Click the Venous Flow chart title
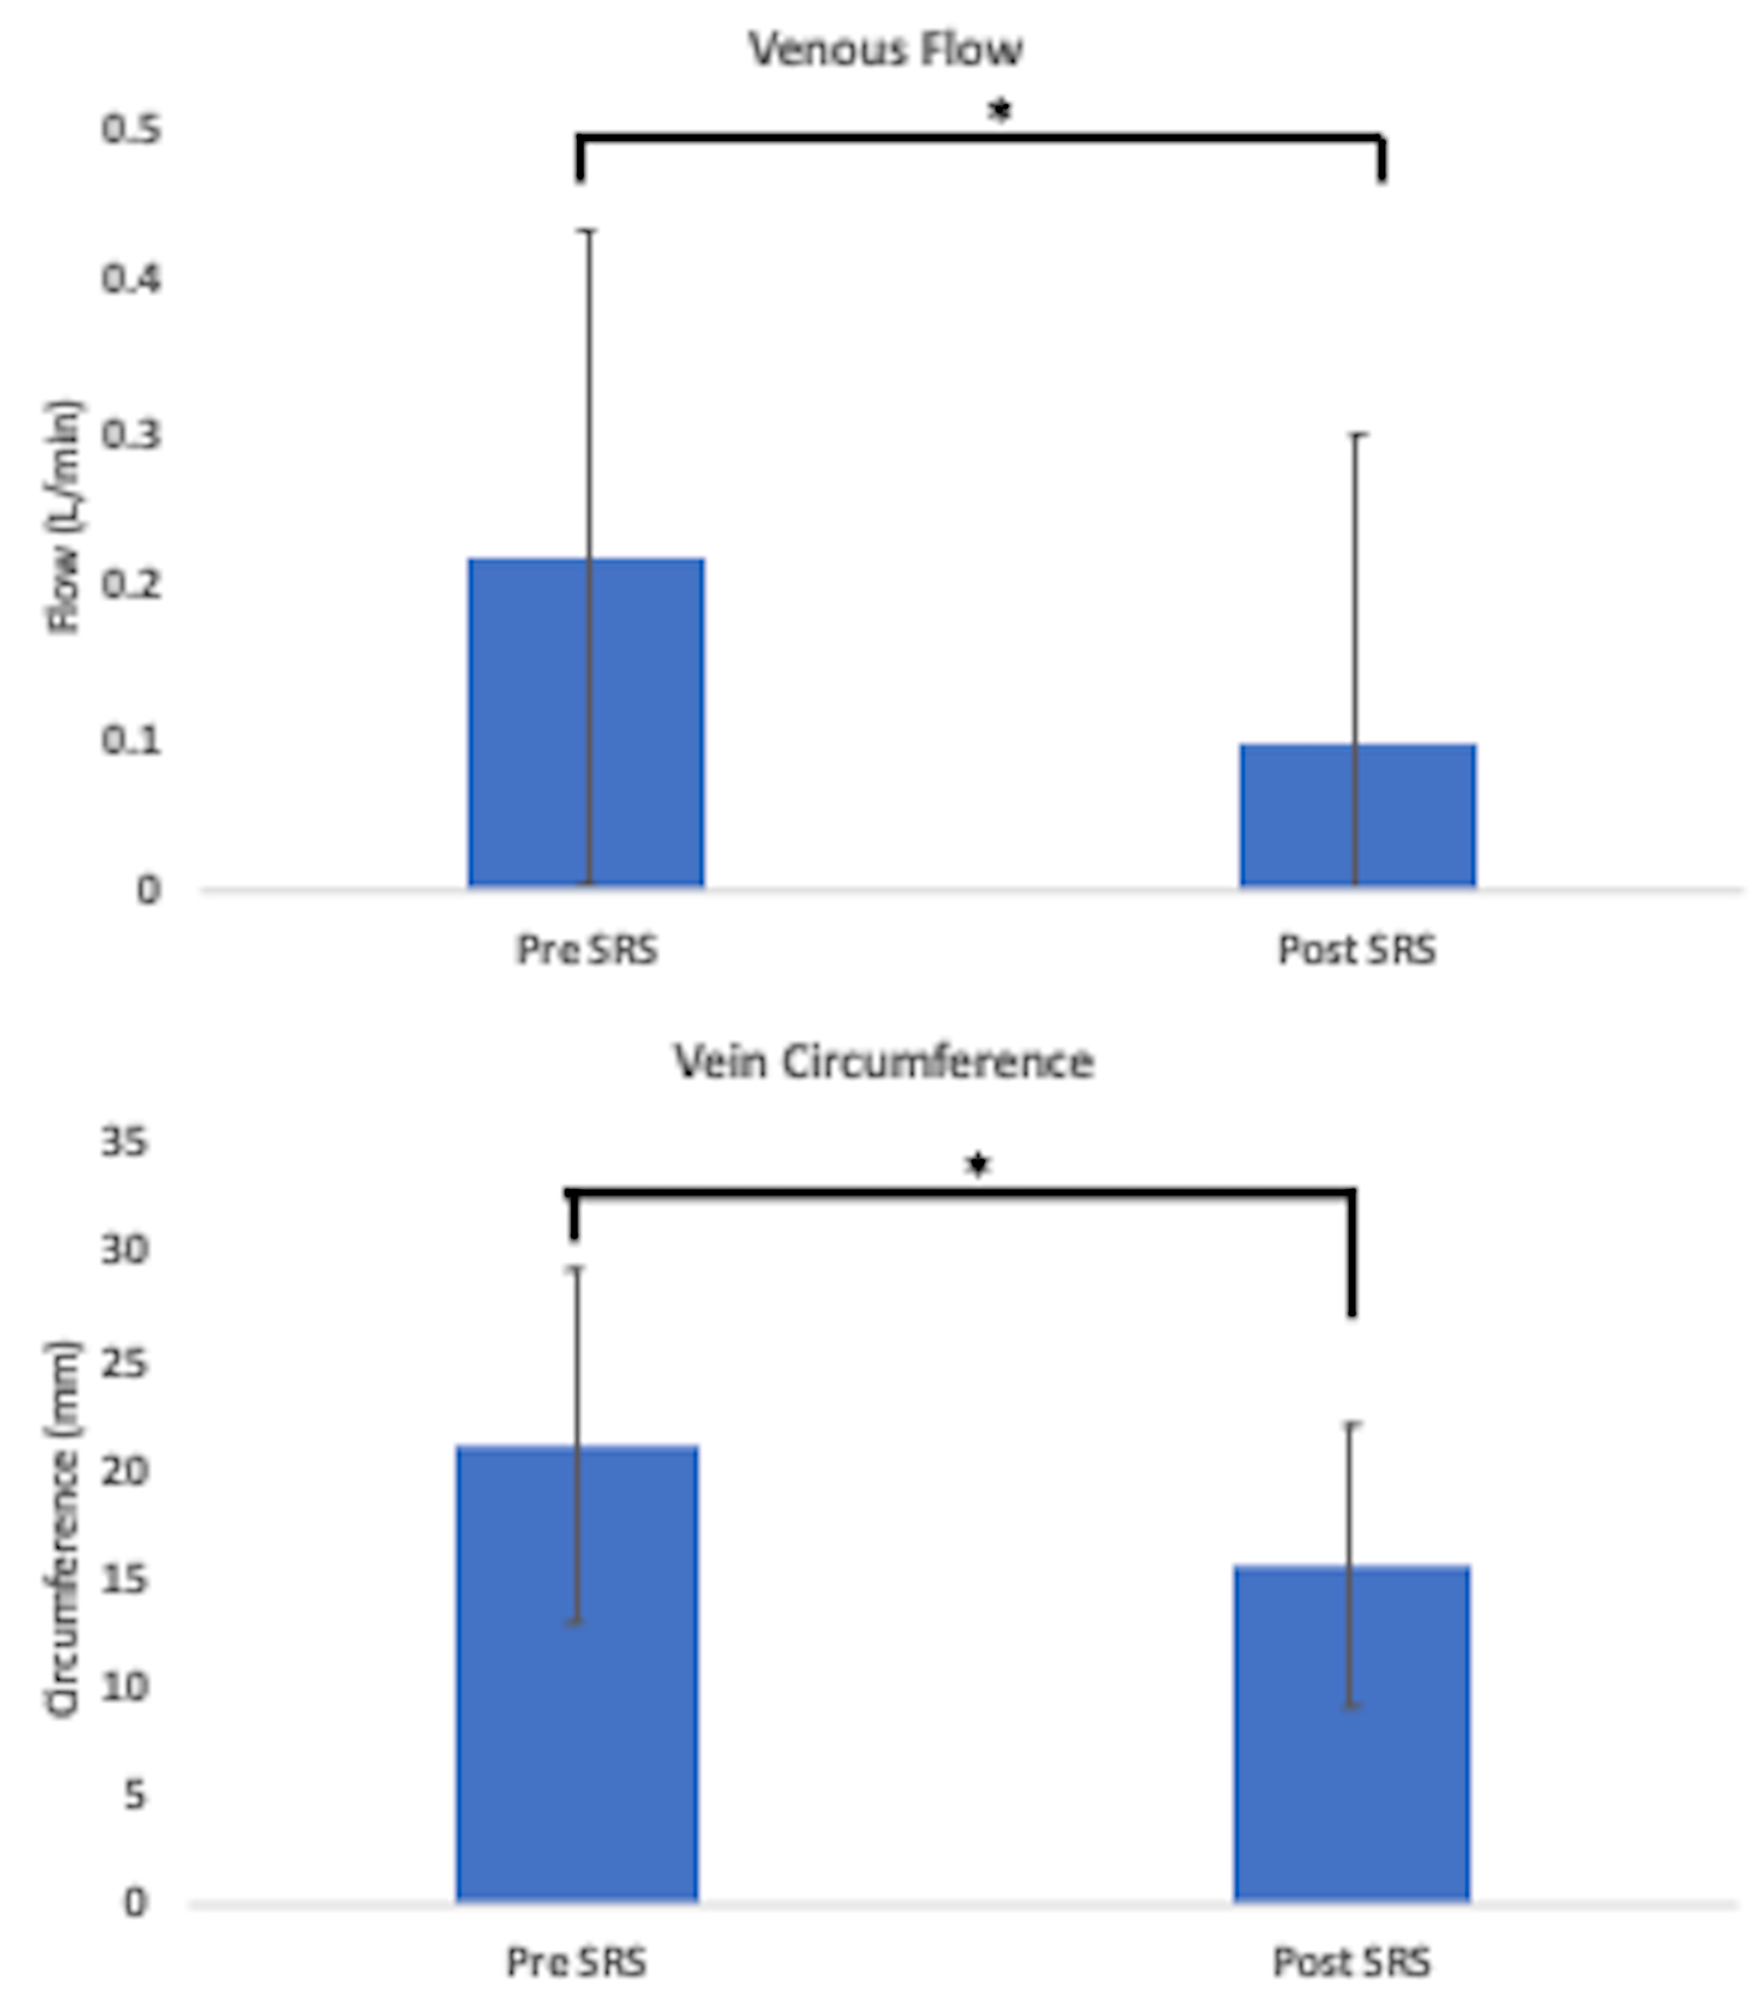885,49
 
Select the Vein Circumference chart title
883,1062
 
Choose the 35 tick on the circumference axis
124,1141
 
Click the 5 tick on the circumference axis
134,1795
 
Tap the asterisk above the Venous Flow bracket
999,111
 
